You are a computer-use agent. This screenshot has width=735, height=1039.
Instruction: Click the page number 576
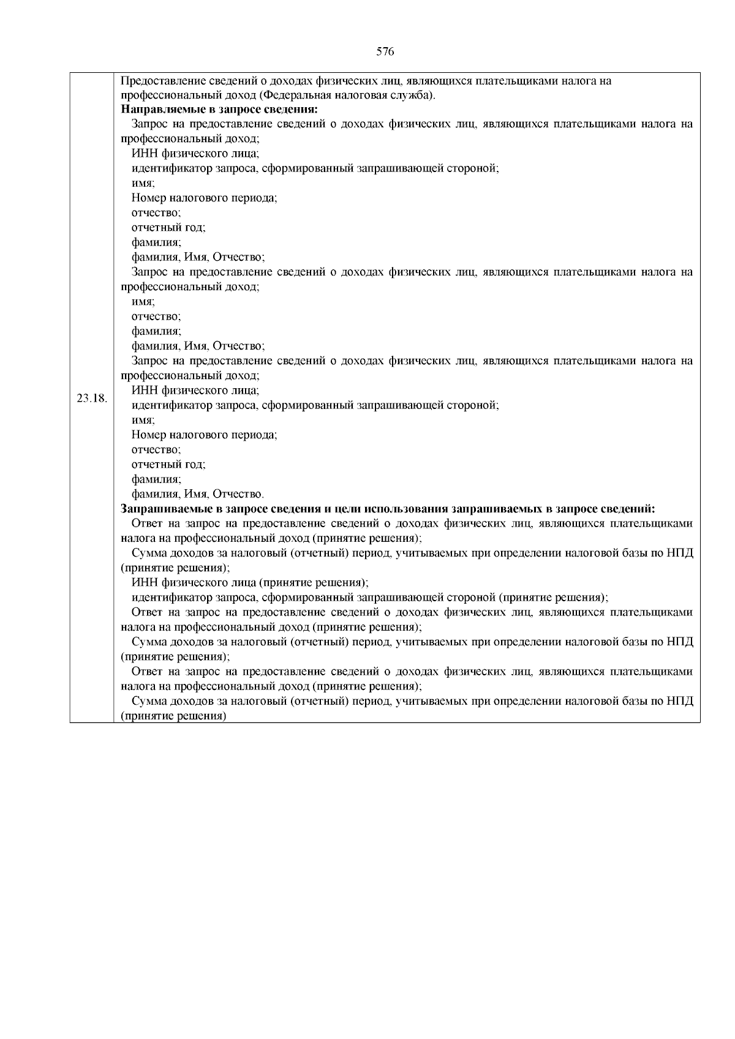coord(385,52)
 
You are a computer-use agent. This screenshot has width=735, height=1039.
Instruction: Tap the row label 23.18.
coord(92,398)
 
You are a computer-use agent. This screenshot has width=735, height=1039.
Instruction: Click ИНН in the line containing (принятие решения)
coord(142,583)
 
